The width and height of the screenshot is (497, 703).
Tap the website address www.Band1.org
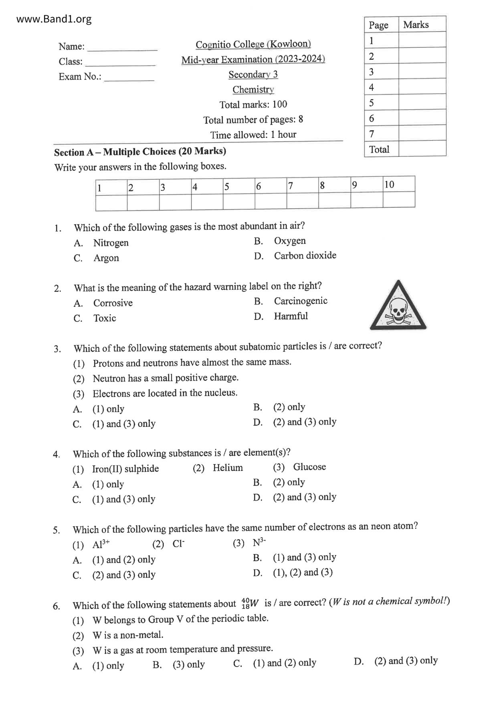coord(54,19)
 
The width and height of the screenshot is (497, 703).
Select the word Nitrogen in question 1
coord(111,243)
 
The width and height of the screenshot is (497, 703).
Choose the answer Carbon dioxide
coord(305,256)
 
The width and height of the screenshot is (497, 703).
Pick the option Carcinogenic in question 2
coord(301,301)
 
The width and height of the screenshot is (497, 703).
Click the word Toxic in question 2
coord(105,318)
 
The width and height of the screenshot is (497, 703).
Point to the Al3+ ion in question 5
coord(101,544)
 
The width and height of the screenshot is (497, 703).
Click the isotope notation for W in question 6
coord(250,603)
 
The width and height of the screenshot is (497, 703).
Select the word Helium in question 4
coord(228,468)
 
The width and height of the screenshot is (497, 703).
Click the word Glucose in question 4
coord(309,467)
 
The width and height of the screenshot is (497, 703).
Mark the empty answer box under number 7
coord(303,200)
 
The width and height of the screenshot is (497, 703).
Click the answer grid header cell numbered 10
coord(398,184)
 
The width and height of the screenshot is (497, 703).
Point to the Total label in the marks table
coord(379,149)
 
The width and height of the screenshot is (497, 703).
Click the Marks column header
coord(416,25)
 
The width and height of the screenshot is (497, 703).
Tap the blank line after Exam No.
coord(129,78)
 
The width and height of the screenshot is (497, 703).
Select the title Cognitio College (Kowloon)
coord(253,44)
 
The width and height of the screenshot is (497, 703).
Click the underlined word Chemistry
coord(253,89)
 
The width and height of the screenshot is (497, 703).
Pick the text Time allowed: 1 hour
coord(253,135)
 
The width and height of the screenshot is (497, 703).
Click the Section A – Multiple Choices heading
coord(140,152)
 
